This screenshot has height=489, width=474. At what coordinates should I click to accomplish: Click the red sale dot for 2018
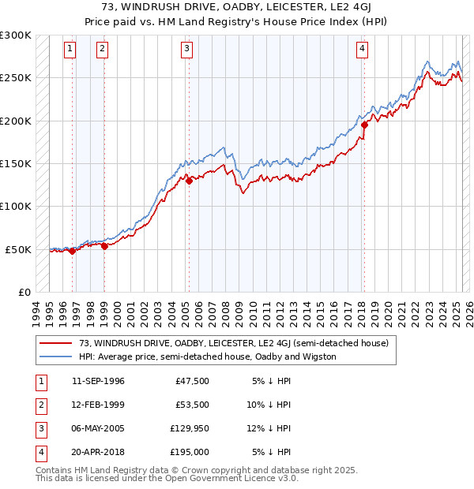click(x=364, y=125)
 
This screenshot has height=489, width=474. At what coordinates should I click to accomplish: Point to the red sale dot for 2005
click(x=190, y=181)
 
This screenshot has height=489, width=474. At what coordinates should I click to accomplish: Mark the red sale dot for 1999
click(x=104, y=246)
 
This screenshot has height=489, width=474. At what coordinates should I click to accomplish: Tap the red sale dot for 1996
click(x=72, y=251)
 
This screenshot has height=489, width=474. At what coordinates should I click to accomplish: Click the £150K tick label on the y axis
click(x=16, y=163)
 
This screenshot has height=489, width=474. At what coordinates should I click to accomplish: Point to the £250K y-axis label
click(x=16, y=78)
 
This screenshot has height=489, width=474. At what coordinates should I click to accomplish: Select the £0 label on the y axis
click(x=22, y=292)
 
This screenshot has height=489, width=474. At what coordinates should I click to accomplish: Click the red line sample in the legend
click(x=55, y=344)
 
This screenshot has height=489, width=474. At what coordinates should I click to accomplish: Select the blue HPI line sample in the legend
click(x=55, y=356)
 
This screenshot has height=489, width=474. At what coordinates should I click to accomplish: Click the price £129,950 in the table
click(x=187, y=430)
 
